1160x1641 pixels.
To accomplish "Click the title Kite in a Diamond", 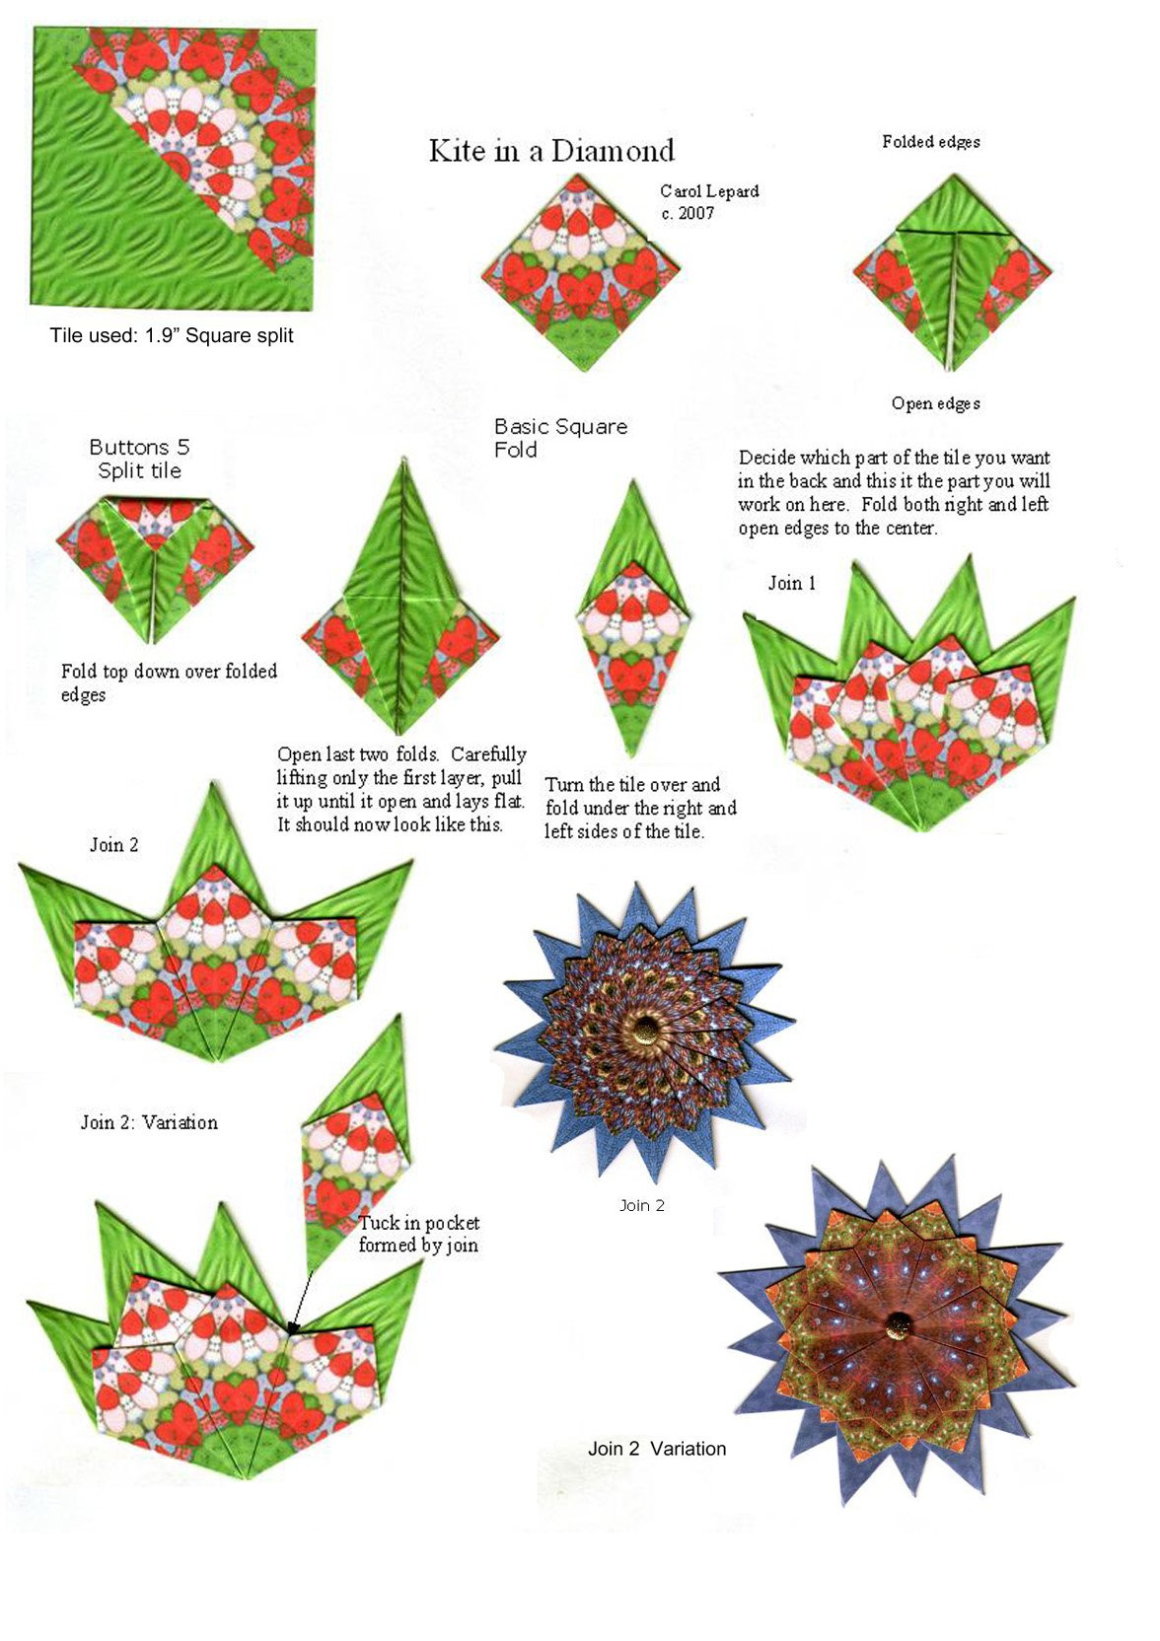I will point(551,151).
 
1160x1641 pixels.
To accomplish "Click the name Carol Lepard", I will point(709,191).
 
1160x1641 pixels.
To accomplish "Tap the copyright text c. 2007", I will point(688,213).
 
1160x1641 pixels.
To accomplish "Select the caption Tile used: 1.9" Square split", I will point(172,335).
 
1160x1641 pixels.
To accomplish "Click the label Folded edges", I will point(930,142).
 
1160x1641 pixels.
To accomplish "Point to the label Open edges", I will point(935,403).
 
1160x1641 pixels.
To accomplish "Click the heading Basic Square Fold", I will point(559,438).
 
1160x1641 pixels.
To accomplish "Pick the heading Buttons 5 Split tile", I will point(139,459).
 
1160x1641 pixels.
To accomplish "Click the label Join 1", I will point(792,583).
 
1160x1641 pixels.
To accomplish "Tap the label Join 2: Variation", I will point(149,1122).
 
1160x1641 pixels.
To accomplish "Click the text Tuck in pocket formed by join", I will point(418,1234).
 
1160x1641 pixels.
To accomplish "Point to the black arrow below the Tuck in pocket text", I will point(301,1300).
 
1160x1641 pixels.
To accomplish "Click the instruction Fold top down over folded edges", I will point(169,682).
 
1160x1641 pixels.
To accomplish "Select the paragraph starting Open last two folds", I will point(401,789).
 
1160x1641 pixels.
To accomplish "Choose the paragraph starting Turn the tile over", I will point(640,808).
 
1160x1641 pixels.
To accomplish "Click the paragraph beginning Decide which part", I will point(894,492).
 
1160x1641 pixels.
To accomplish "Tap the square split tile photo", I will point(175,166).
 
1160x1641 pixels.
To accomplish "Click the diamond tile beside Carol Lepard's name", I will point(580,273).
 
